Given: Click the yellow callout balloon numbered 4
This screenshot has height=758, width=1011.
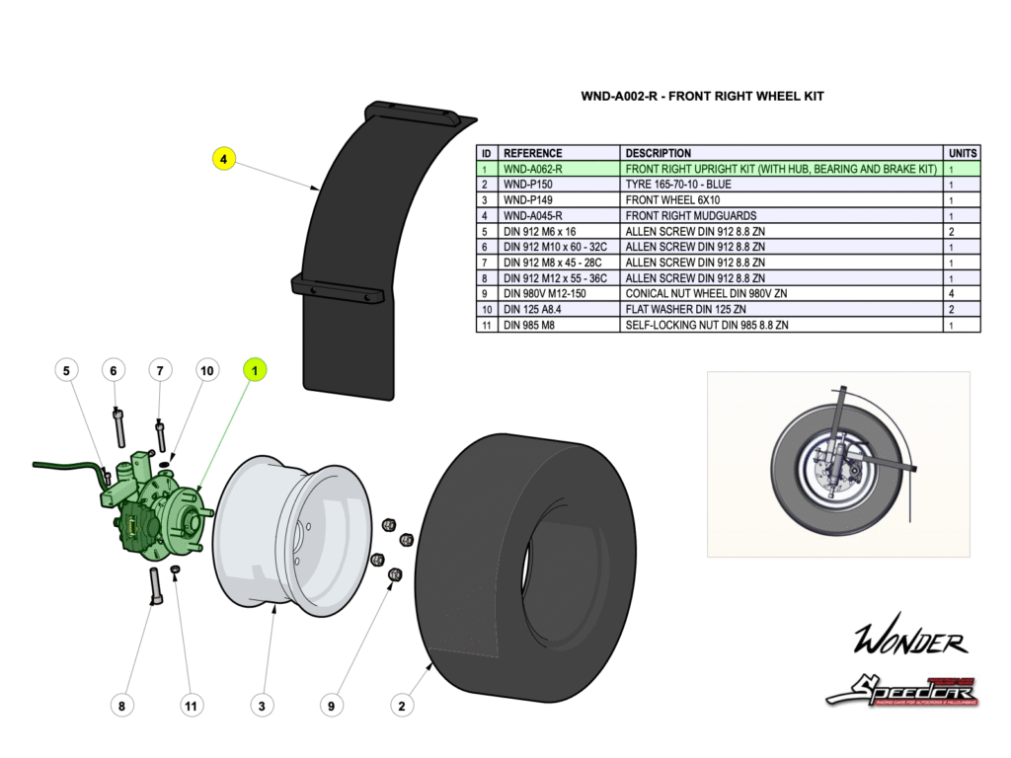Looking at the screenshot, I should tap(224, 158).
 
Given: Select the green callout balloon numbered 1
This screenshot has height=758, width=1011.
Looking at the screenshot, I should tap(255, 370).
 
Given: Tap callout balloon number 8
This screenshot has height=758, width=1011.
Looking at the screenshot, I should tap(121, 706).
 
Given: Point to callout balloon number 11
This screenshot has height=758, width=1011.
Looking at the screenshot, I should tap(192, 706).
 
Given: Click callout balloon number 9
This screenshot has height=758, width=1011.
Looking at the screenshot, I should tap(332, 706).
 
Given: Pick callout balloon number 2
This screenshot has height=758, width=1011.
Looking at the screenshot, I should tap(401, 706).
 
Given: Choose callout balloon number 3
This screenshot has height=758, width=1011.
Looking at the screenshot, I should tap(262, 706).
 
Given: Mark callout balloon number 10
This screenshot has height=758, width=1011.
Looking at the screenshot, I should tap(206, 370).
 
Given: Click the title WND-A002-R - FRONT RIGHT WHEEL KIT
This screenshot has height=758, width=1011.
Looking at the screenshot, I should tap(702, 97).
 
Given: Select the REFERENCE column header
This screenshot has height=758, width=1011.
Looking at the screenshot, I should tap(533, 153).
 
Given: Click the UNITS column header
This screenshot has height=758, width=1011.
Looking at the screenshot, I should tap(963, 153).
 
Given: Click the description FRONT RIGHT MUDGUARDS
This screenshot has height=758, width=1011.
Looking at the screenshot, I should tap(691, 215).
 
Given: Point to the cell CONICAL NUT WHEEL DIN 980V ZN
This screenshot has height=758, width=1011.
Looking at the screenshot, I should tap(706, 293).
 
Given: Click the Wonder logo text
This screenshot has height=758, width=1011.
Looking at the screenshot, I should tap(910, 643).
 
